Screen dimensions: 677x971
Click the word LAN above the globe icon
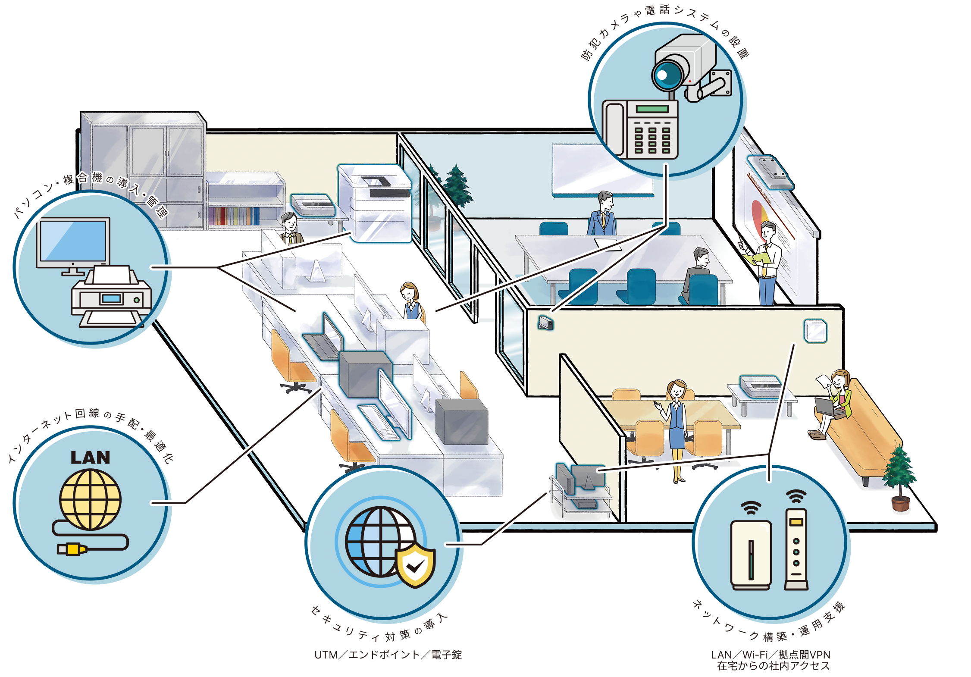click(x=90, y=458)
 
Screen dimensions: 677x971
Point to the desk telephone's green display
click(x=652, y=109)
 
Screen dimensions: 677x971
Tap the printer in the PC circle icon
click(x=112, y=298)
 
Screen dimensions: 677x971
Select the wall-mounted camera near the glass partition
click(x=546, y=322)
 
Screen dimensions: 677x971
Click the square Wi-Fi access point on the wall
click(x=814, y=331)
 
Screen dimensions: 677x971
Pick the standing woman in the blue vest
click(x=677, y=427)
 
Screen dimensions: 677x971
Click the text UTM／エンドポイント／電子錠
click(x=388, y=655)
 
